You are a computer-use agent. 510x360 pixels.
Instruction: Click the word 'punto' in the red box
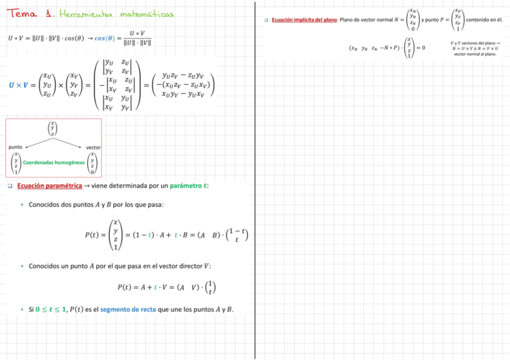pyautogui.click(x=15, y=147)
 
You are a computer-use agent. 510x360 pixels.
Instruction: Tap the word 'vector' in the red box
pyautogui.click(x=93, y=147)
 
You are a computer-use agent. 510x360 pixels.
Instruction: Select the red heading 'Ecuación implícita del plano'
pyautogui.click(x=304, y=20)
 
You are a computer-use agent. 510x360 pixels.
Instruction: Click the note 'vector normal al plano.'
pyautogui.click(x=475, y=54)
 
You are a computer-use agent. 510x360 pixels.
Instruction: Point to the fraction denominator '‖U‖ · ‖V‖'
pyautogui.click(x=137, y=43)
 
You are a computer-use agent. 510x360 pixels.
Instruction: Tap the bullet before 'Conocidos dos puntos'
pyautogui.click(x=22, y=205)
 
